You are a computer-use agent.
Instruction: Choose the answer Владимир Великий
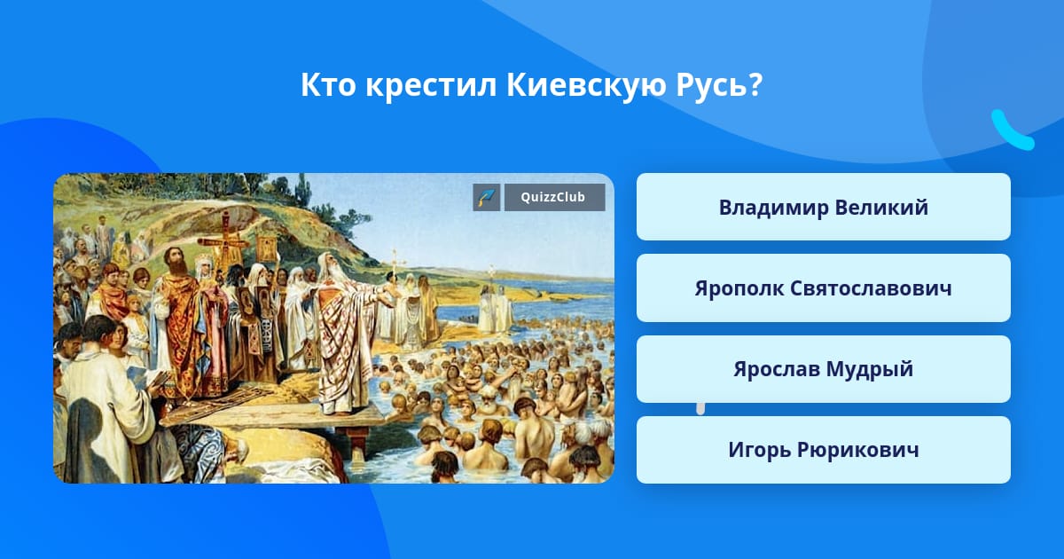823,207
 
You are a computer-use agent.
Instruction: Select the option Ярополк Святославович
823,288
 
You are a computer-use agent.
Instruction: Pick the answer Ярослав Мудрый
823,369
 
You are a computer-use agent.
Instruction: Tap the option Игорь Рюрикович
823,450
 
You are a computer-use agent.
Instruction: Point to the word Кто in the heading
328,85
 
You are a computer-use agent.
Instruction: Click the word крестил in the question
431,86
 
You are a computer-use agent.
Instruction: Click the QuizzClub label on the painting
553,197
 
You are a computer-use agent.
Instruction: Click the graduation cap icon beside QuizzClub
487,197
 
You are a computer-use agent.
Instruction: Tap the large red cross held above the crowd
224,242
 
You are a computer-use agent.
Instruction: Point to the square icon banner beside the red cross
267,248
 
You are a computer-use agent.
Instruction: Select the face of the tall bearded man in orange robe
175,260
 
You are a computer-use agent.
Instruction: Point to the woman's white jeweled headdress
205,261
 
